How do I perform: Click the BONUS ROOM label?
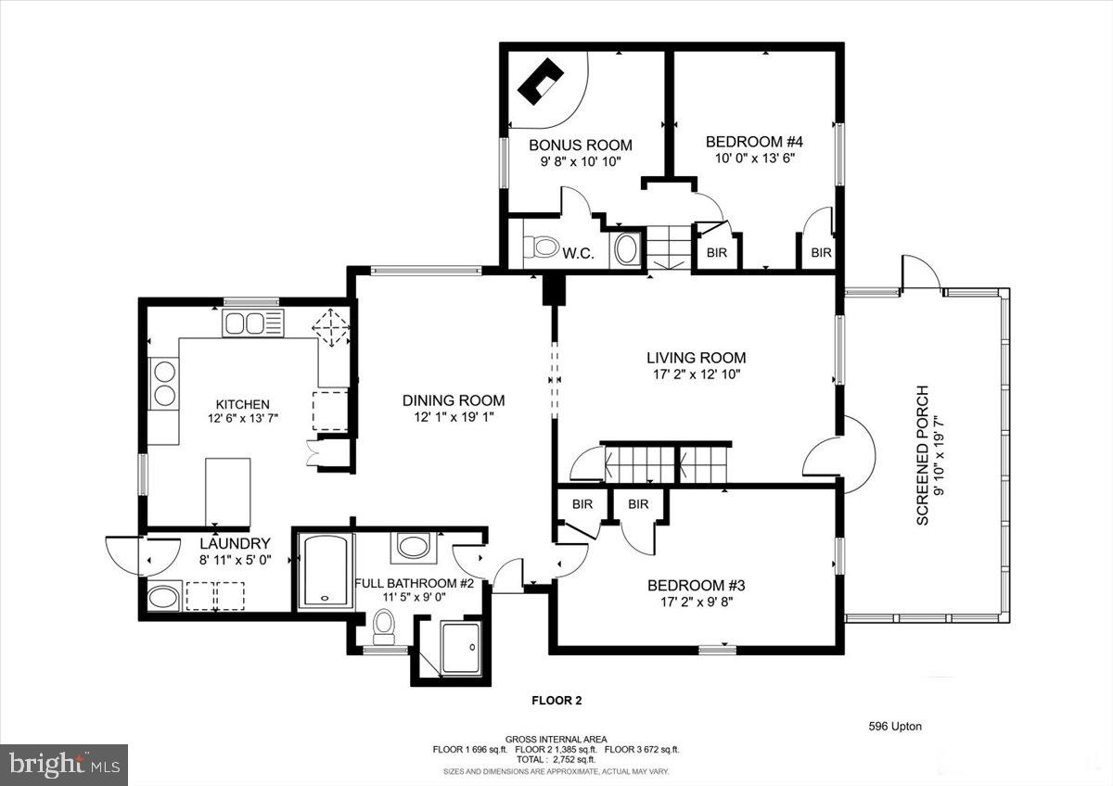(581, 145)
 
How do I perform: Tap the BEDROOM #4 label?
(754, 142)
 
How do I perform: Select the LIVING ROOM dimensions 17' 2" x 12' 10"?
(697, 374)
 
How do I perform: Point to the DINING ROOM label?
(454, 400)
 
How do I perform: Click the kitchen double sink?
(253, 323)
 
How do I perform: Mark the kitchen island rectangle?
(228, 491)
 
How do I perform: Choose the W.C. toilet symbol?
(541, 247)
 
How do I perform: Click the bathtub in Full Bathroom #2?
(326, 571)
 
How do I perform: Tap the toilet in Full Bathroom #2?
(384, 628)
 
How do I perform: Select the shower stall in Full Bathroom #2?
(461, 649)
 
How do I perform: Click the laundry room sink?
(163, 597)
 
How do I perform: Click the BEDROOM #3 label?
(697, 586)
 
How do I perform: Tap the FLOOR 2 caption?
(556, 701)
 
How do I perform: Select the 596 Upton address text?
(895, 727)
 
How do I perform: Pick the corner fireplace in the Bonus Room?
(541, 82)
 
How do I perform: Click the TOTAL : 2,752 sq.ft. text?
(556, 759)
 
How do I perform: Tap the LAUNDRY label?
(235, 543)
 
